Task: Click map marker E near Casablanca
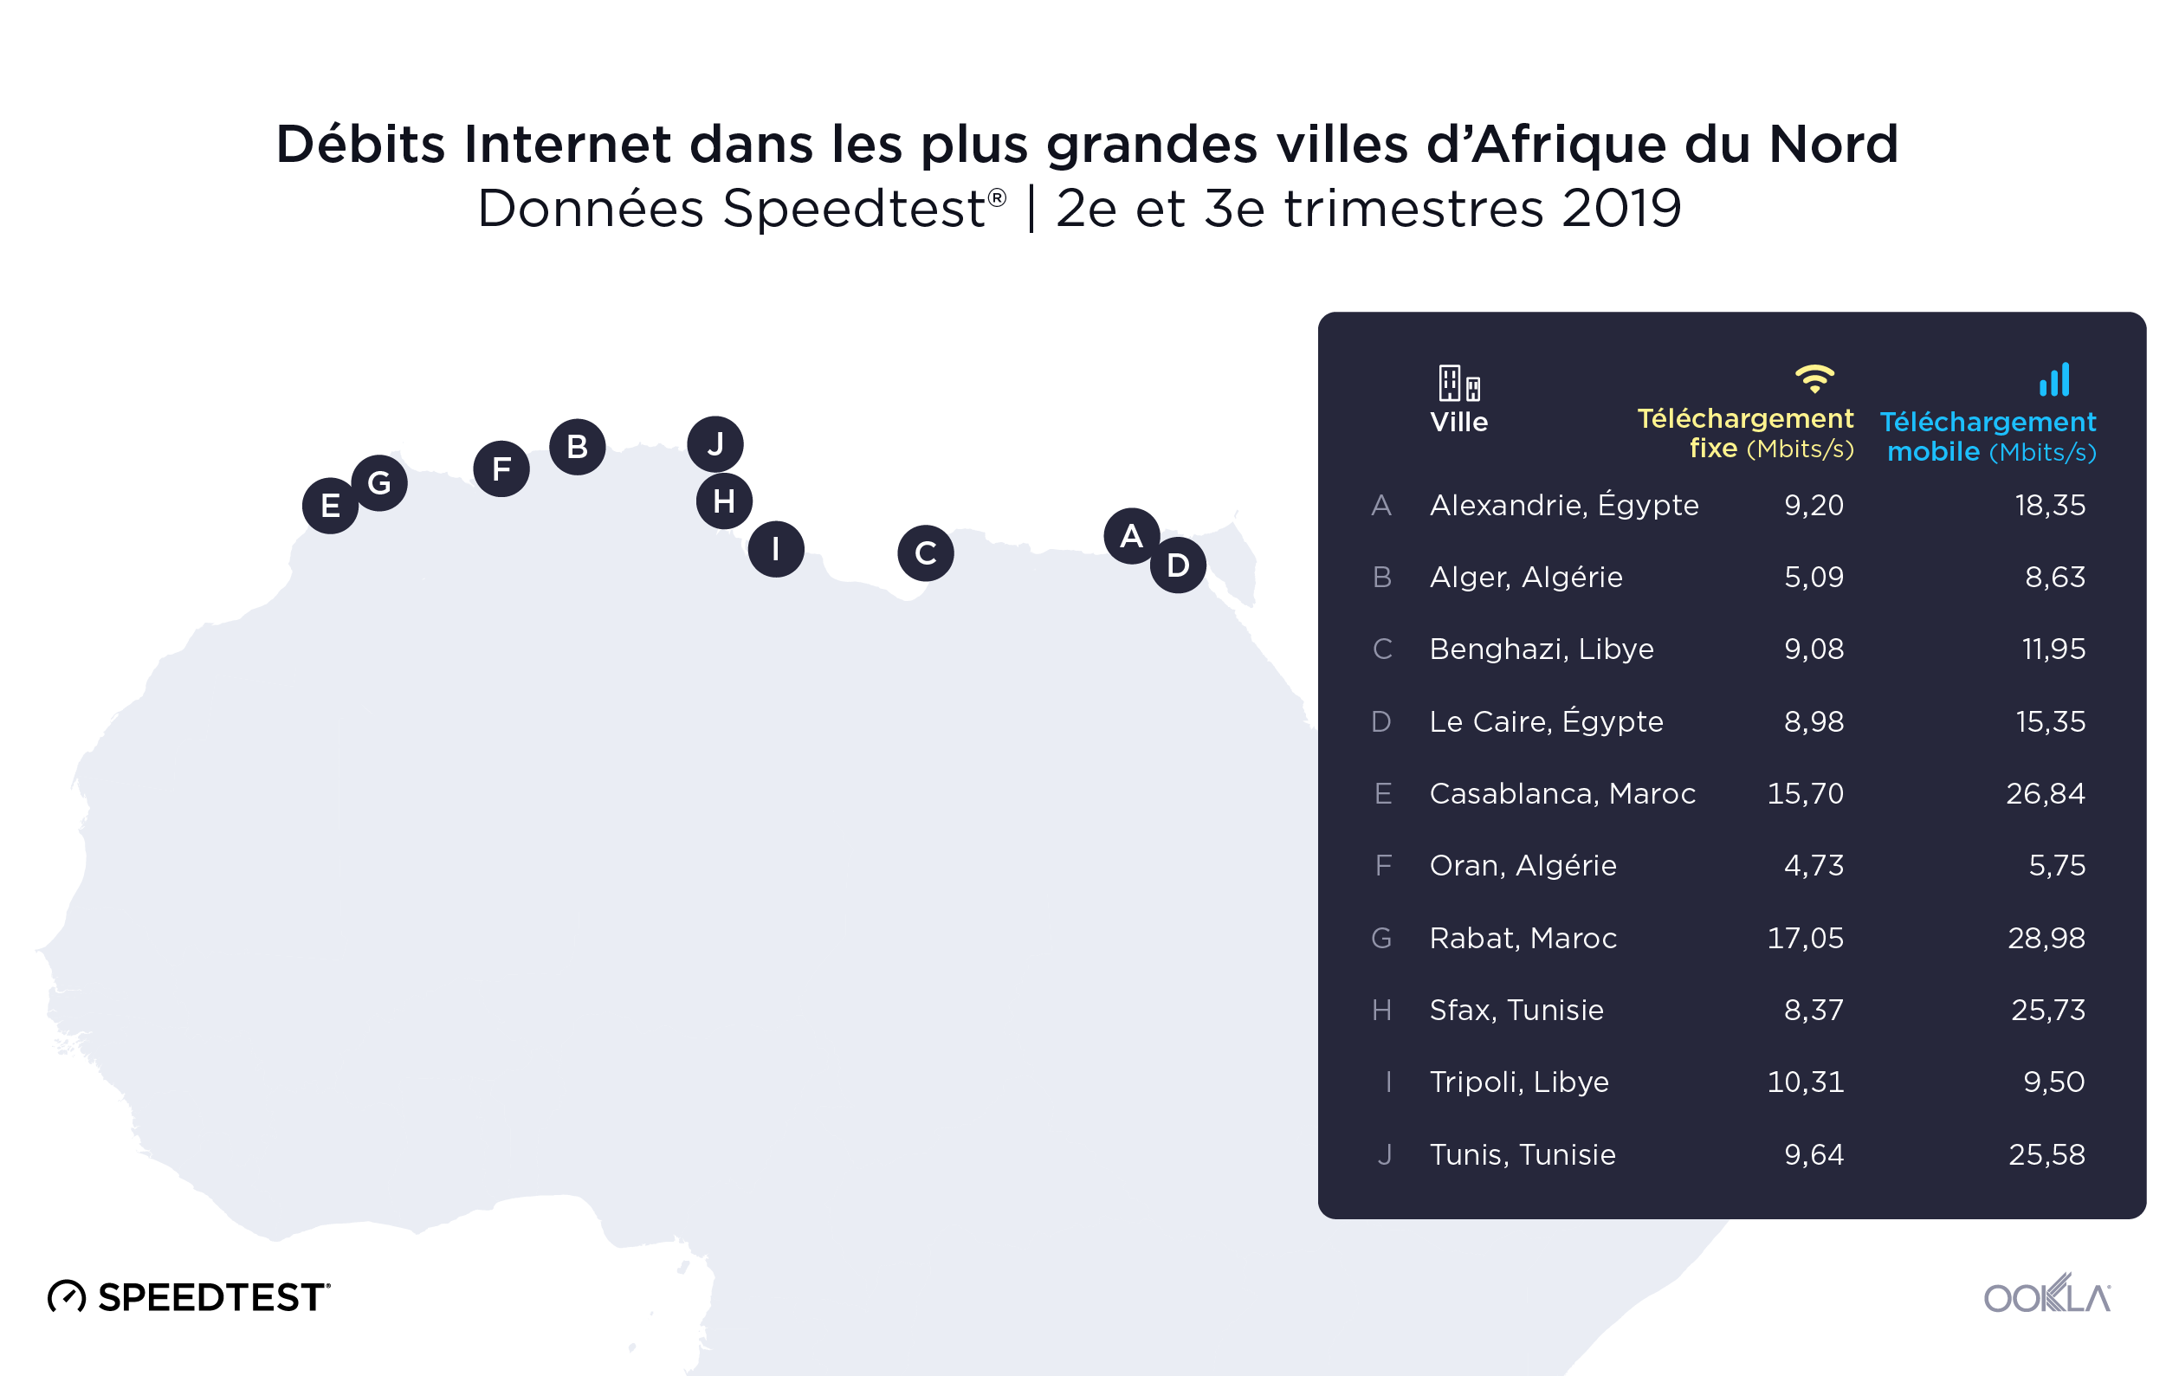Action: tap(330, 506)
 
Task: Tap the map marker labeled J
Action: tap(715, 444)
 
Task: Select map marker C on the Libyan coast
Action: tap(926, 553)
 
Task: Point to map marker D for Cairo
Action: tap(1178, 565)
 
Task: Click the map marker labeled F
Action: tap(501, 468)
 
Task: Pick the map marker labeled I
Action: tap(775, 549)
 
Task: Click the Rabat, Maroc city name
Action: tap(1522, 938)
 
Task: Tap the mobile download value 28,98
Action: tap(2046, 938)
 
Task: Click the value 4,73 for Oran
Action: tap(1813, 865)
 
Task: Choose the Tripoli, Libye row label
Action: tap(1518, 1082)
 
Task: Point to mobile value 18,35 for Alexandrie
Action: tap(2049, 506)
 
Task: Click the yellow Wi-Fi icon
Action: tap(1814, 378)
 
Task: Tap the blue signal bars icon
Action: tap(2054, 379)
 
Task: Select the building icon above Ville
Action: tap(1458, 383)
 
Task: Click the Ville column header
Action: tap(1458, 422)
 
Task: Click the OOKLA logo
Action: tap(2046, 1296)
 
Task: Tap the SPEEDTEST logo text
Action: tap(212, 1297)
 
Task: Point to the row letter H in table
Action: tap(1381, 1011)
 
